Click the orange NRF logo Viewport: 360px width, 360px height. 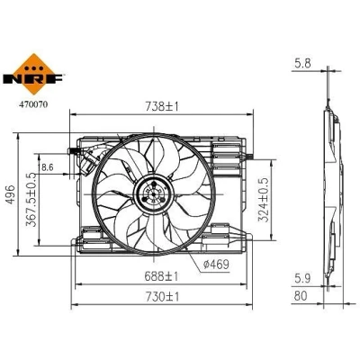tap(33, 75)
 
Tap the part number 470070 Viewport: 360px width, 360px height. tap(33, 104)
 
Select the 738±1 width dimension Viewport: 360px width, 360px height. tap(162, 106)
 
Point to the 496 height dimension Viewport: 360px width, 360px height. tap(11, 194)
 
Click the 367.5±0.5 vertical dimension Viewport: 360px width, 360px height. tap(31, 200)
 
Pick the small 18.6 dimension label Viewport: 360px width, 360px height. tap(46, 167)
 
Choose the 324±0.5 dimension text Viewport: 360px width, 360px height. tap(263, 200)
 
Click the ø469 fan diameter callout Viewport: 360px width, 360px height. tap(216, 265)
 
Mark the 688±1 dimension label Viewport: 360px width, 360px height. tap(161, 276)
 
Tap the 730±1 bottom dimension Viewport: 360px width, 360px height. tap(162, 297)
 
